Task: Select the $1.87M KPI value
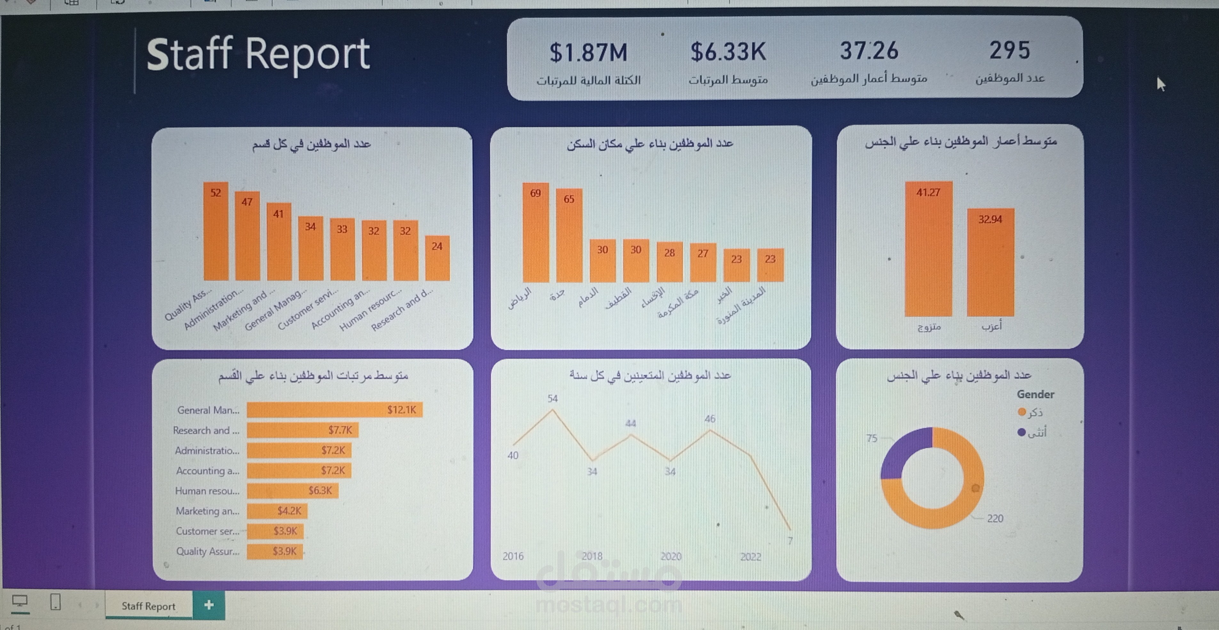click(588, 52)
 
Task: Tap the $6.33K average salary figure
click(728, 52)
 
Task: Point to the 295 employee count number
click(1009, 50)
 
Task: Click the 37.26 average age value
click(869, 51)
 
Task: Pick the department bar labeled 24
click(437, 260)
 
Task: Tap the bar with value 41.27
click(928, 251)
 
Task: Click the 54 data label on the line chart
click(552, 398)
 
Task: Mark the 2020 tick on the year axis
click(671, 556)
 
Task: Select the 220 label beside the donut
click(995, 518)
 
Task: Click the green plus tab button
click(209, 605)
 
